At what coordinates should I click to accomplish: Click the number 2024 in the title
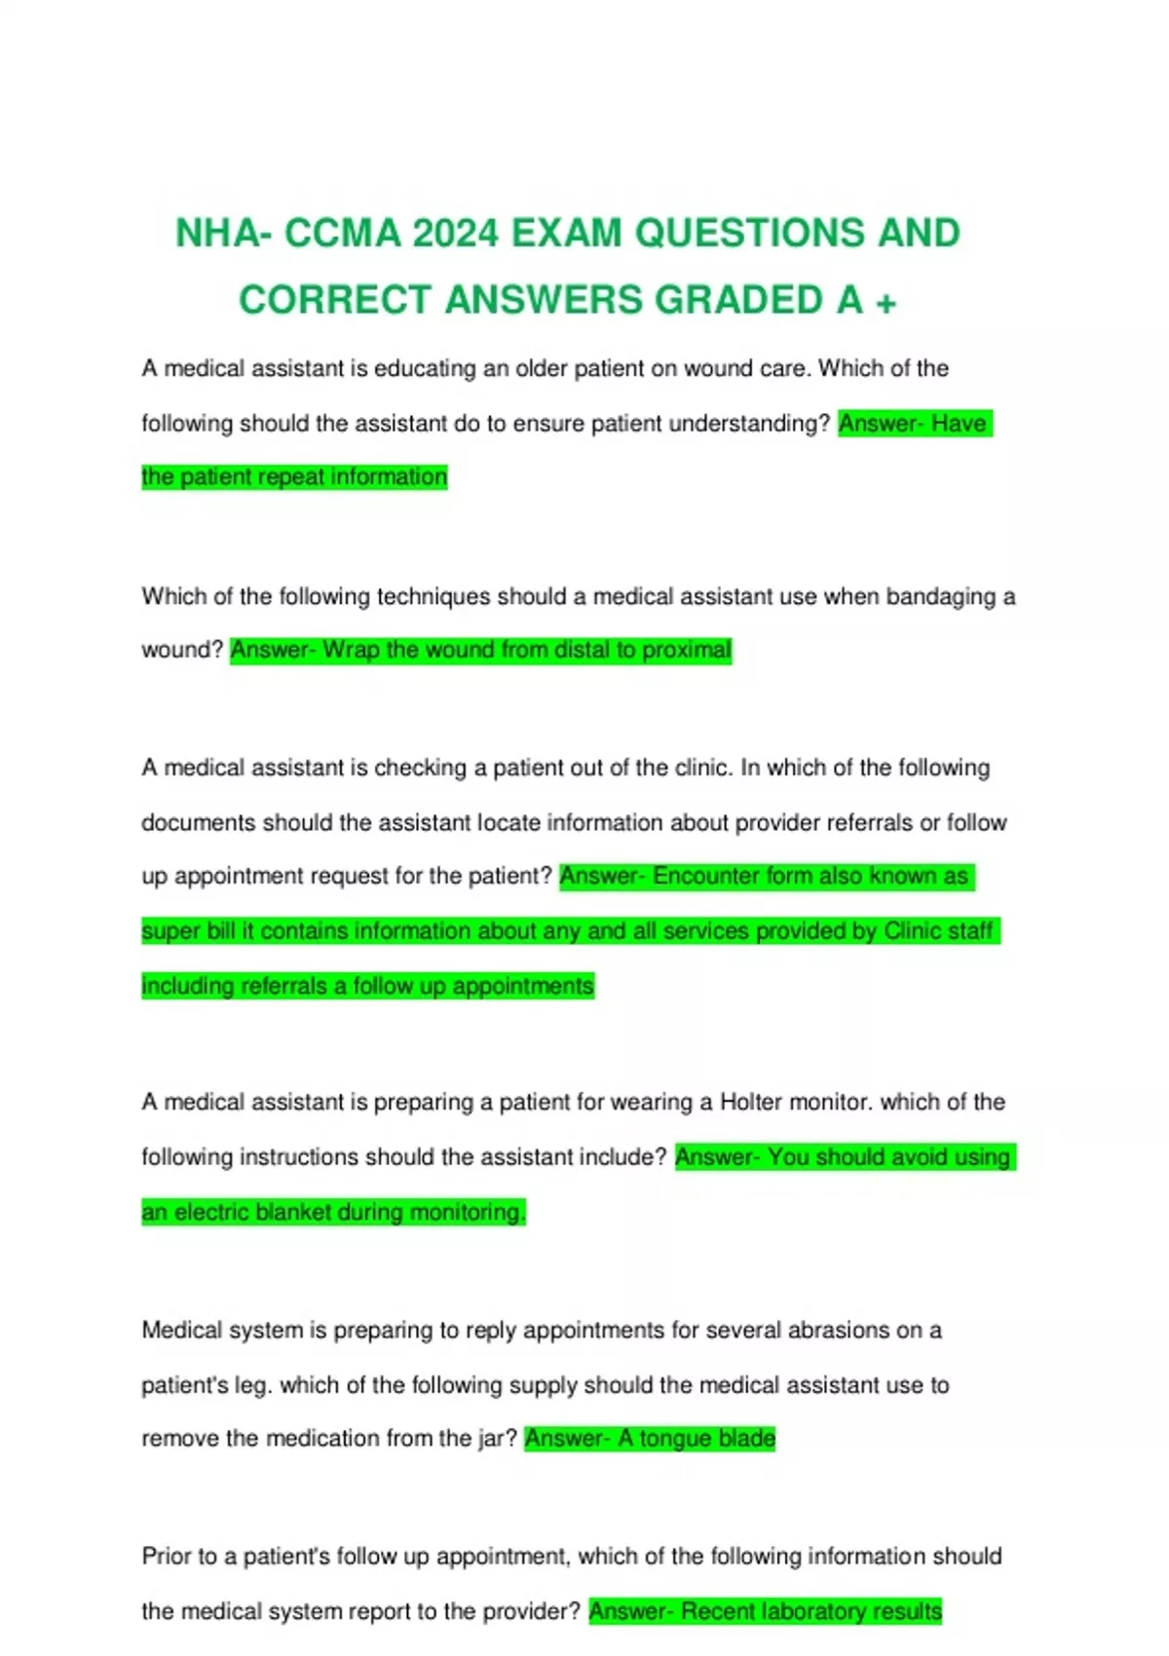tap(455, 234)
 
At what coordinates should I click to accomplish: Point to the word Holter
tap(750, 1102)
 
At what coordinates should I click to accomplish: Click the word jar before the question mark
tap(490, 1439)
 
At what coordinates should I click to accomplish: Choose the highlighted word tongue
tap(675, 1439)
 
